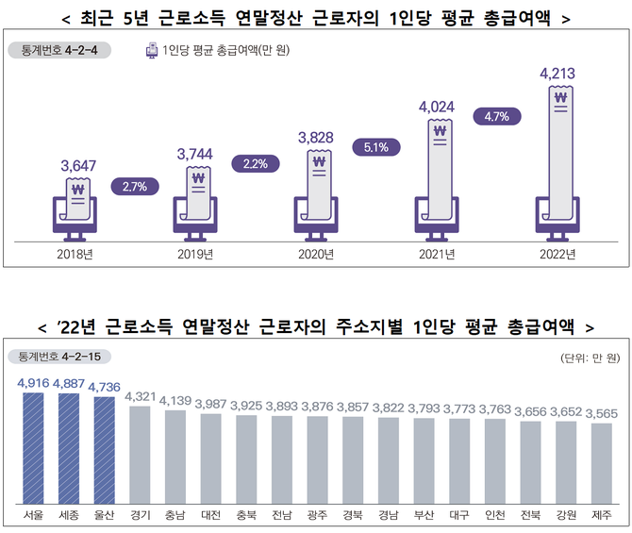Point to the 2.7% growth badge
[135, 186]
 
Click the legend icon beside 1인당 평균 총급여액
[152, 50]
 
